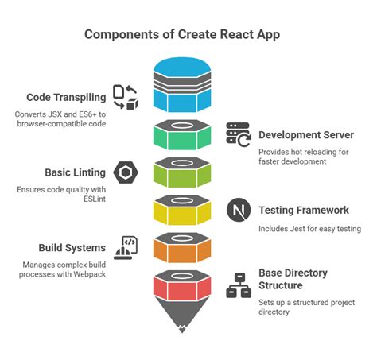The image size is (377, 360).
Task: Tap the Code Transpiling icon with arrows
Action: coord(125,97)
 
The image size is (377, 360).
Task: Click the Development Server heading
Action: coord(306,134)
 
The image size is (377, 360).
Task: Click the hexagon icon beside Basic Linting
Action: coord(125,172)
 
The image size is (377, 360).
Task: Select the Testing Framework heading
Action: coord(304,211)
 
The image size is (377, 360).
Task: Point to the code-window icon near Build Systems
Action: coord(125,247)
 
